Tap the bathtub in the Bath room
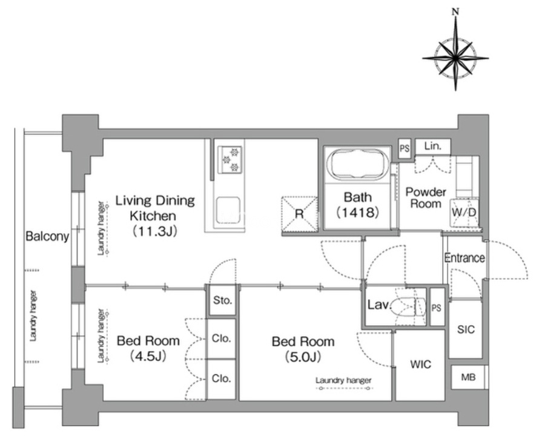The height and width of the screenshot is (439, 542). point(358,164)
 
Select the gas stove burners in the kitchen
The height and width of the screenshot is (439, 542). point(230,159)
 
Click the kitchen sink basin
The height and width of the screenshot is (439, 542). point(228,210)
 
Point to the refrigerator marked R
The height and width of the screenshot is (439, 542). point(299,214)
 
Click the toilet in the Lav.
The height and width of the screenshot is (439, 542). point(408,306)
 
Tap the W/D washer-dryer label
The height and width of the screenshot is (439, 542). point(464,212)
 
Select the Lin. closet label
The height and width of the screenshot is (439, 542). point(433,146)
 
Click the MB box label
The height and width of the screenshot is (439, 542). point(468,377)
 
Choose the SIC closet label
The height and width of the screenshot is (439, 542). point(466,329)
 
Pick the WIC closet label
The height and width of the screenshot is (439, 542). point(421,365)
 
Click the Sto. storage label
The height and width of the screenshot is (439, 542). point(222,300)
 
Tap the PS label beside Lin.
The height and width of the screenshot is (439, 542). point(405,148)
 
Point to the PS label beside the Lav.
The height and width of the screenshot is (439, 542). point(436,308)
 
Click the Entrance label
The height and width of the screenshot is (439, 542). point(464,258)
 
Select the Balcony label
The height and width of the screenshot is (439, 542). point(47,236)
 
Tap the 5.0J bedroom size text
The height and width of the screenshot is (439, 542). point(303,357)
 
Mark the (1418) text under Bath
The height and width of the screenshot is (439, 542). point(358,213)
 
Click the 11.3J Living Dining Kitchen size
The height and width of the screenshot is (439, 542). point(155,231)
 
